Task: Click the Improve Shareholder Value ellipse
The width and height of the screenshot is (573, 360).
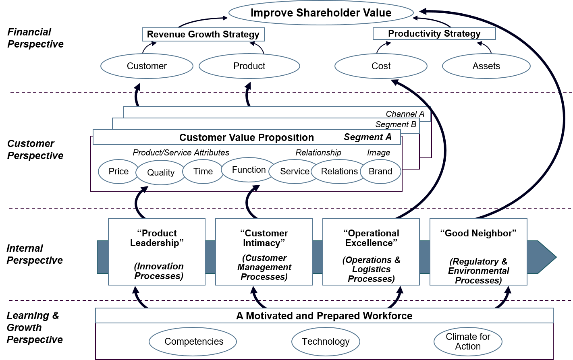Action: [321, 12]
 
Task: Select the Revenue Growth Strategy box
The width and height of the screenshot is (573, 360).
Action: [203, 34]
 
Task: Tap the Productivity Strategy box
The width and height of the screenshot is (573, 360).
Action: [434, 33]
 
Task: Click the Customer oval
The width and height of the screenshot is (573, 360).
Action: [147, 66]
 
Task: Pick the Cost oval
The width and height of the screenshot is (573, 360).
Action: [381, 66]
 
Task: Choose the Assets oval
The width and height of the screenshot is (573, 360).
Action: [486, 66]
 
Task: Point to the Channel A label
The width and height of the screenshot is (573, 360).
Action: [405, 114]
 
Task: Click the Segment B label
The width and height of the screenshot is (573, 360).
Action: [396, 124]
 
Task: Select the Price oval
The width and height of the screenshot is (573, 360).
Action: [118, 171]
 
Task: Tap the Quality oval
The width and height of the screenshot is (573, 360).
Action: [161, 172]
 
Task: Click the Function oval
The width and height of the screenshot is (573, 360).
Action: [249, 170]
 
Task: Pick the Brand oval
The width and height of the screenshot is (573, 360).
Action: [380, 171]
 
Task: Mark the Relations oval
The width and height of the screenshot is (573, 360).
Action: [339, 171]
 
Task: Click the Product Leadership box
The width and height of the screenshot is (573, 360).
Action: [157, 252]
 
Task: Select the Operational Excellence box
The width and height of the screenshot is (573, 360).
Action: [371, 252]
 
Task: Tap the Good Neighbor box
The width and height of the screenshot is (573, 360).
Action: [478, 252]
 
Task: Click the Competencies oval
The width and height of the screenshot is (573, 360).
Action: [193, 341]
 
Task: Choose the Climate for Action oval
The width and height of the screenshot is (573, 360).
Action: [468, 341]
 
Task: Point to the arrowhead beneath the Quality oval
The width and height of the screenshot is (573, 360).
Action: [143, 189]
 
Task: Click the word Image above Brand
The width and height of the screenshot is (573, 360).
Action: [378, 153]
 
